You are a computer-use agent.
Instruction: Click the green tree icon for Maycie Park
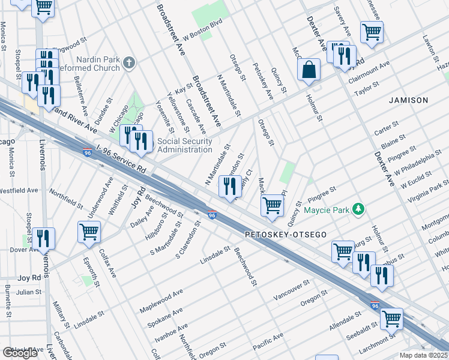pos(358,209)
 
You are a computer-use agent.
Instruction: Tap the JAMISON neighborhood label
pos(408,100)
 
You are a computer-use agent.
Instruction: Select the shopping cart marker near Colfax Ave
pos(89,231)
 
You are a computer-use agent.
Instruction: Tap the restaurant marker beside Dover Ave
pos(45,238)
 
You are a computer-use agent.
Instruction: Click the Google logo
pos(20,353)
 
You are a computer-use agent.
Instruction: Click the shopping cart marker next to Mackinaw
pos(273,205)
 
